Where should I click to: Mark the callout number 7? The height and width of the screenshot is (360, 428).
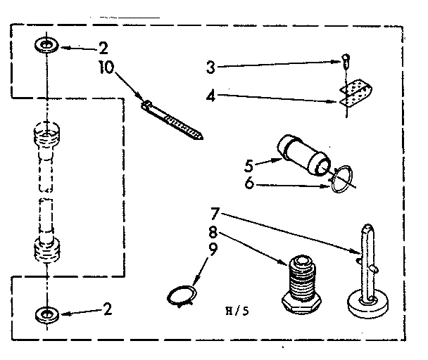[x=215, y=212]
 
